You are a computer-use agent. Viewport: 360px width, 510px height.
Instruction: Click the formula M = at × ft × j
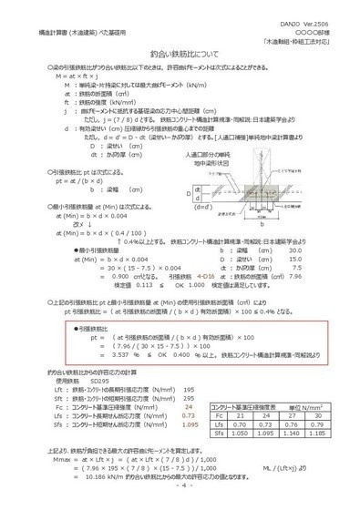click(x=60, y=76)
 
